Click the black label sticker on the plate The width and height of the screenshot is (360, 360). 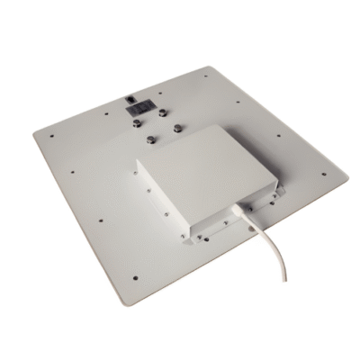[138, 105]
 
